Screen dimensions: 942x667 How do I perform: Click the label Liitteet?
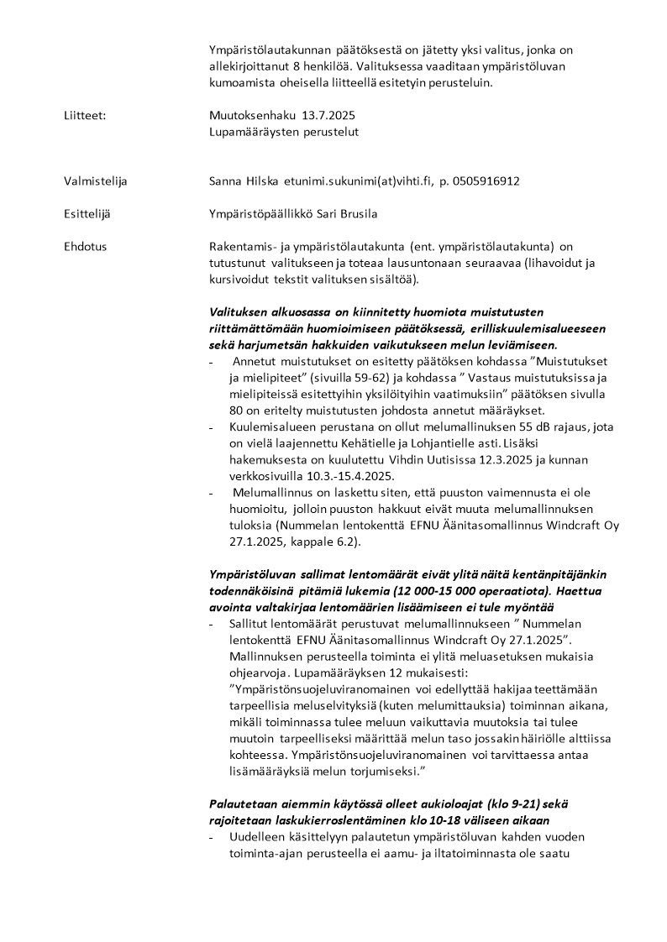coord(85,115)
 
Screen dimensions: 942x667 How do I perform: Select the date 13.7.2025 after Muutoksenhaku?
coord(338,115)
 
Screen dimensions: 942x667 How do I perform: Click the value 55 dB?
coord(492,427)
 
